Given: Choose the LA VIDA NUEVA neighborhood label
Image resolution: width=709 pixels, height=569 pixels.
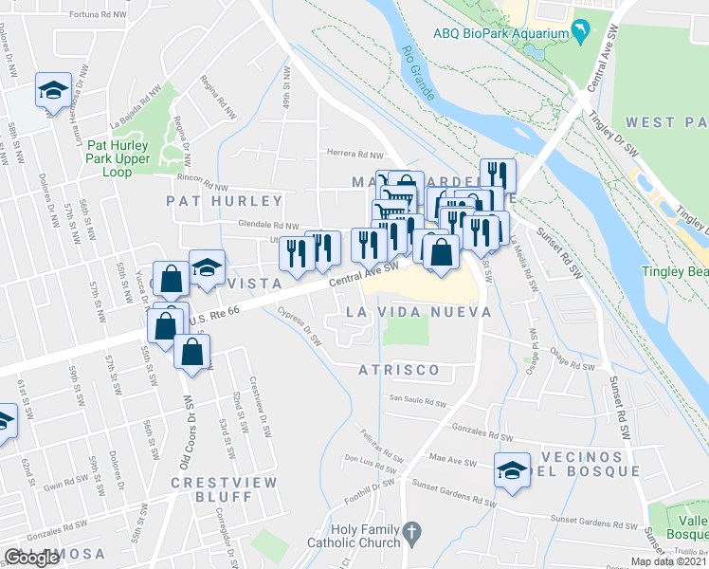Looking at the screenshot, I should point(418,312).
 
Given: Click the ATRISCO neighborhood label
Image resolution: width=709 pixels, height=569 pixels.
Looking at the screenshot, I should point(398,370).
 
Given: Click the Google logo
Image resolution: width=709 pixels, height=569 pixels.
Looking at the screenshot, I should point(32,557).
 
